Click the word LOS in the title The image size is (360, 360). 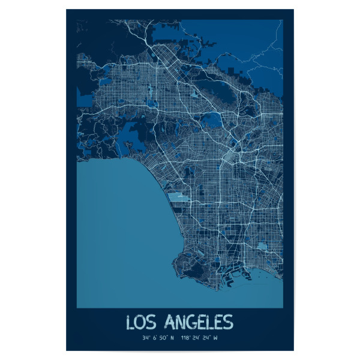(x=142, y=323)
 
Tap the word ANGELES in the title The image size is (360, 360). (x=197, y=323)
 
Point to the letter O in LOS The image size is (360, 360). (x=142, y=323)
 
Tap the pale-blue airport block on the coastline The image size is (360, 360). (x=178, y=197)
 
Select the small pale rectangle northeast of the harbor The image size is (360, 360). (x=262, y=246)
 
